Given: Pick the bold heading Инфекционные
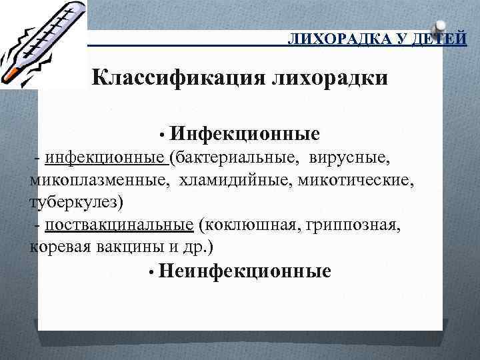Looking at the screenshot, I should coord(245,135).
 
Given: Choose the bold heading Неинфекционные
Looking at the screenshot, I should coord(245,271).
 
